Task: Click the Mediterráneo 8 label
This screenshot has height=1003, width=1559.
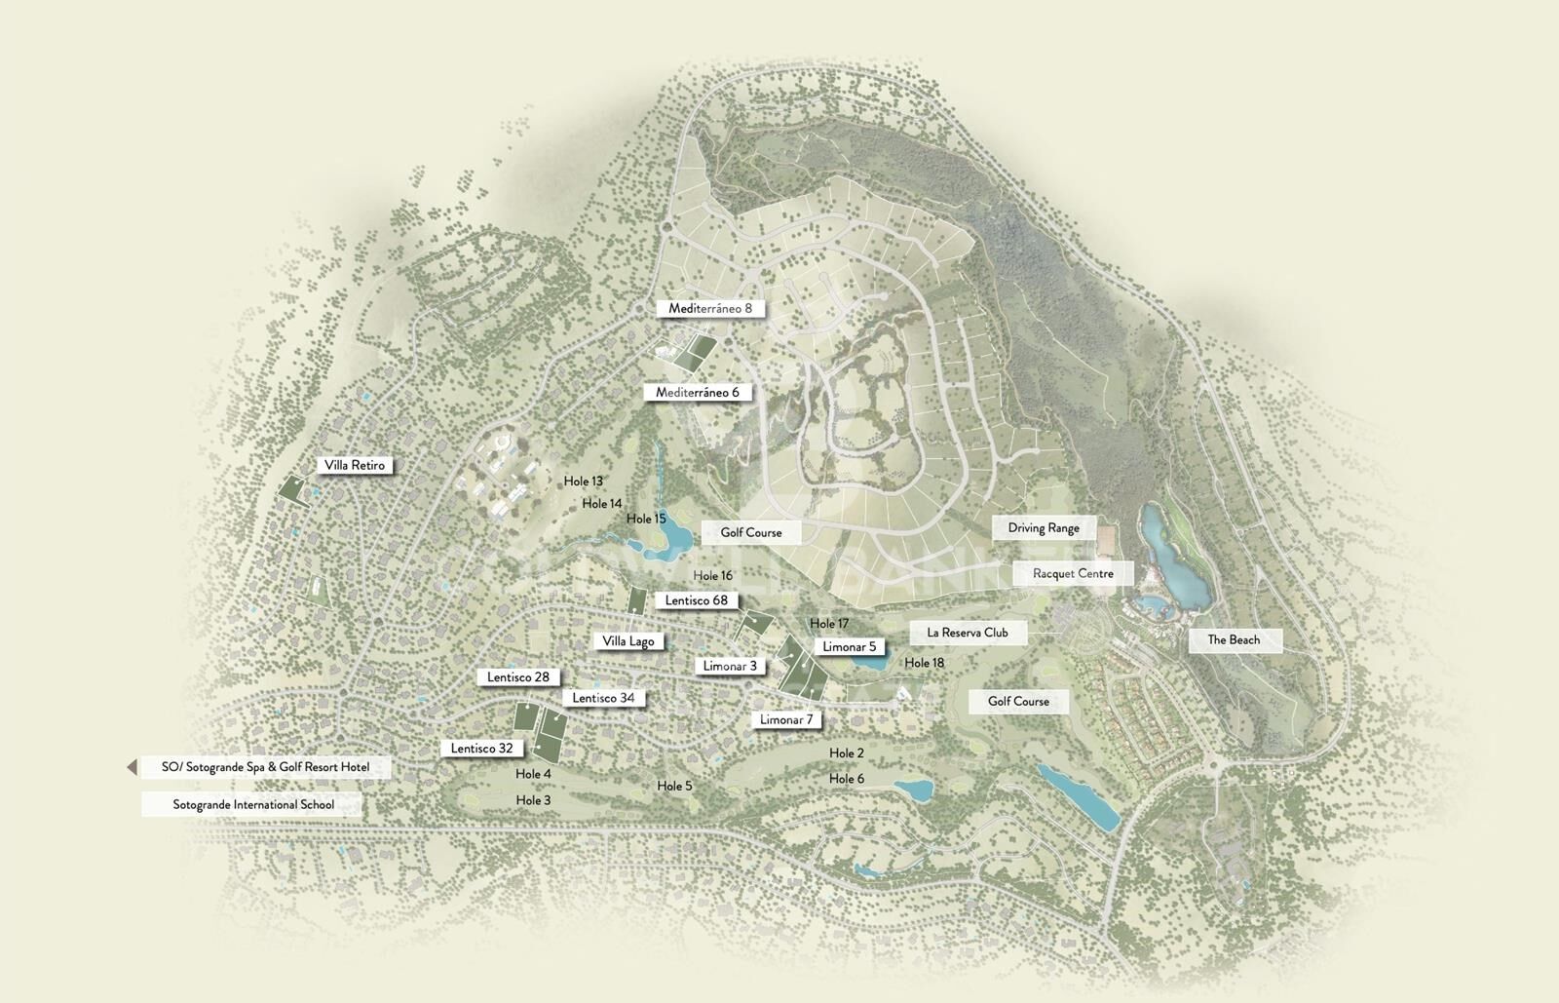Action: pyautogui.click(x=710, y=308)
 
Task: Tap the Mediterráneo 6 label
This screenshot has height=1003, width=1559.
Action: pyautogui.click(x=698, y=392)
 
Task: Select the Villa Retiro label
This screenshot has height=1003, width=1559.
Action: pyautogui.click(x=356, y=465)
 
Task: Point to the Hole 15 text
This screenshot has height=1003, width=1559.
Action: pyautogui.click(x=646, y=519)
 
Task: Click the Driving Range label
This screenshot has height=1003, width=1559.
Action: pyautogui.click(x=1044, y=527)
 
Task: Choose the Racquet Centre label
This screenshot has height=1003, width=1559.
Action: pyautogui.click(x=1073, y=573)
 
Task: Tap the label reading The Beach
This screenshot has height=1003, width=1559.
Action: pyautogui.click(x=1234, y=639)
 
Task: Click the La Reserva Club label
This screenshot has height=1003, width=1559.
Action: pyautogui.click(x=968, y=632)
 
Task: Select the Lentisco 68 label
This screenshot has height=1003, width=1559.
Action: pyautogui.click(x=697, y=599)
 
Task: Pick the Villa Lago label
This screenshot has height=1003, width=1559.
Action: pyautogui.click(x=628, y=640)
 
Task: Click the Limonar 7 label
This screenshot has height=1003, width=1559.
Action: pyautogui.click(x=786, y=719)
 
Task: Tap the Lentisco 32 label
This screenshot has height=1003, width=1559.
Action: pyautogui.click(x=481, y=749)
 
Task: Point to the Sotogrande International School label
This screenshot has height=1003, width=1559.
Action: pyautogui.click(x=253, y=804)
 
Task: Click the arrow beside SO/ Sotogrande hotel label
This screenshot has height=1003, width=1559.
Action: pyautogui.click(x=132, y=767)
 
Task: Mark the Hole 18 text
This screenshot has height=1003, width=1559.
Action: pyautogui.click(x=924, y=663)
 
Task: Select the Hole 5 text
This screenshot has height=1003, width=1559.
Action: pyautogui.click(x=674, y=786)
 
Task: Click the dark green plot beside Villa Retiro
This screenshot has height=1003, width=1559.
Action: pyautogui.click(x=292, y=489)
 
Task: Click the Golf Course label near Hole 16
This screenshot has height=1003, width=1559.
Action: pyautogui.click(x=751, y=532)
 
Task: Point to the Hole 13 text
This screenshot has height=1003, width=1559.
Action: pyautogui.click(x=583, y=481)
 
